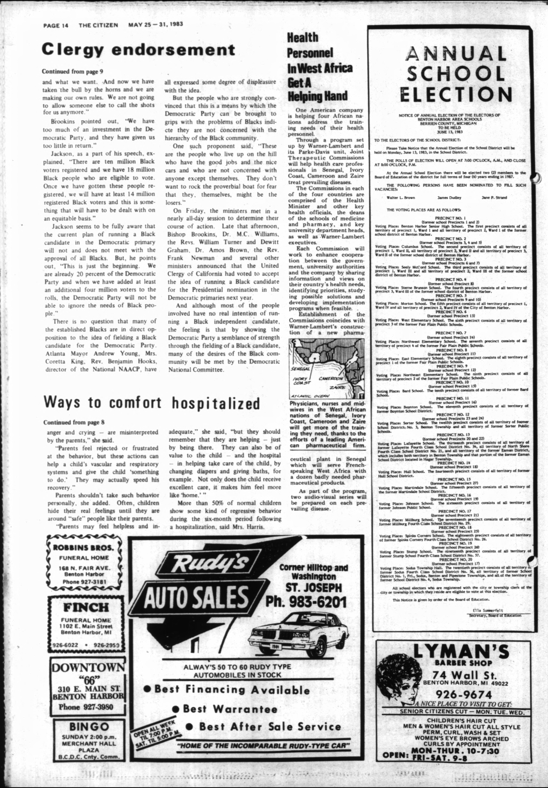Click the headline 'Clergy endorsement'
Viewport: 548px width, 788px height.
(138, 50)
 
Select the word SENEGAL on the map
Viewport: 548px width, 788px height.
(300, 369)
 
